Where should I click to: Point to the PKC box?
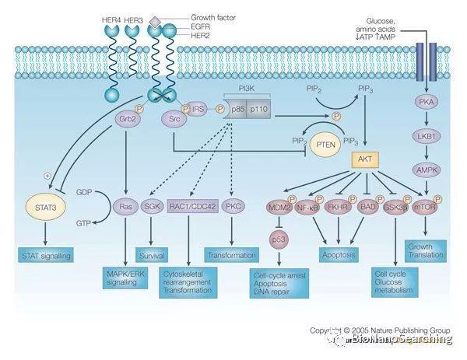click(x=232, y=208)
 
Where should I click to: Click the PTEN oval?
click(x=327, y=145)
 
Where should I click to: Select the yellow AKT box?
click(x=365, y=160)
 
